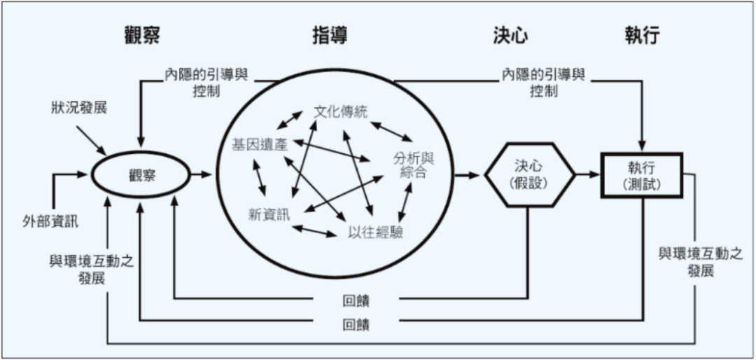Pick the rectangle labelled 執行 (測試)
tap(642, 175)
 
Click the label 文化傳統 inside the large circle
tap(341, 111)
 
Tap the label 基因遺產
tap(259, 144)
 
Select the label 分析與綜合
tap(409, 165)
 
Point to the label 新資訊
tap(269, 214)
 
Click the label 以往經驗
tap(375, 233)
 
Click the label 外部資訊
tap(50, 223)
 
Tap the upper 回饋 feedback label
tap(356, 300)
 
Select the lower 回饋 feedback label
tap(356, 324)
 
